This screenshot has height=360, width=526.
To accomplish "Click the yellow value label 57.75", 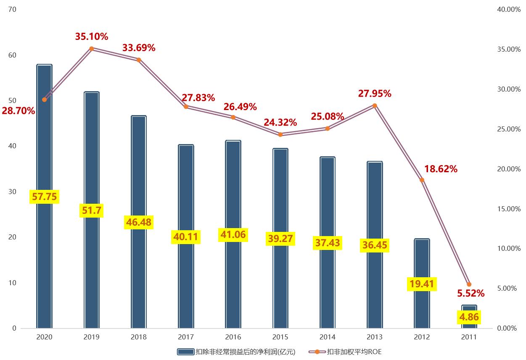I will [x=44, y=196].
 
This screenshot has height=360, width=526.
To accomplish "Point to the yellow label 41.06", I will [x=233, y=234].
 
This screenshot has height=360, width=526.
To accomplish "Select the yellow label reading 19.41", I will [x=422, y=284].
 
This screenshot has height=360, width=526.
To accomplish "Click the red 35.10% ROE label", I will [x=92, y=37].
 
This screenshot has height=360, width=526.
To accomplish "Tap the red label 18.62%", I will [x=441, y=169].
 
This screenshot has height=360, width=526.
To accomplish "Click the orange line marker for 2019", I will [x=92, y=49].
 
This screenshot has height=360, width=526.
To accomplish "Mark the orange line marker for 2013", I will [x=375, y=105].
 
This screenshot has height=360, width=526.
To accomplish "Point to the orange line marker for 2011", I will [x=469, y=284].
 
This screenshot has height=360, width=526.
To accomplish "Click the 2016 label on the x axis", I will [x=233, y=337].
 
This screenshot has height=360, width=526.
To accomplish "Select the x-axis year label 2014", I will [x=328, y=337].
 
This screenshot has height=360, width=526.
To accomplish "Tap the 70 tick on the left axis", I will [x=12, y=9].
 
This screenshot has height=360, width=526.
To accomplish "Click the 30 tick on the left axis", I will [x=12, y=192].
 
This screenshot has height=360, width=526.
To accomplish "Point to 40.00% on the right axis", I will [x=509, y=9].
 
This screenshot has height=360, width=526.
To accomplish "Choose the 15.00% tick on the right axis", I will [x=509, y=209].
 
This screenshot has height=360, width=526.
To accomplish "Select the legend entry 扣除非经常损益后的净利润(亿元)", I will [x=236, y=352].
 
